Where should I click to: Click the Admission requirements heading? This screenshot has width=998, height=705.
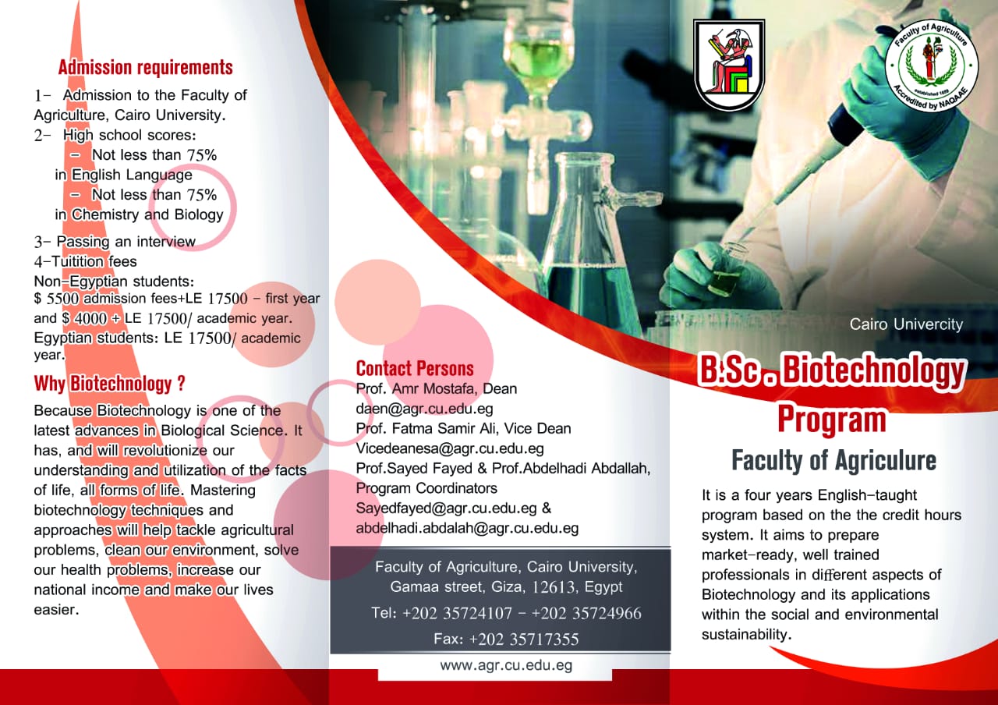point(146,68)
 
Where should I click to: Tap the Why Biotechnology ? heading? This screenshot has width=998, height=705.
point(110,384)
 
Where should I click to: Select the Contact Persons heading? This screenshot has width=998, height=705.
point(415,369)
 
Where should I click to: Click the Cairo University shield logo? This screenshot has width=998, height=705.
point(729,64)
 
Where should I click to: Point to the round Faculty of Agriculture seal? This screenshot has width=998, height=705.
point(931,65)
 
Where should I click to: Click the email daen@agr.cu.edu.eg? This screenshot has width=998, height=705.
point(425,409)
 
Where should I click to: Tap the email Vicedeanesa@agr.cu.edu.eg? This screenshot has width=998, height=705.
point(450,448)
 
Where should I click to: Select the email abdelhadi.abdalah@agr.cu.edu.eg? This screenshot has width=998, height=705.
point(467,528)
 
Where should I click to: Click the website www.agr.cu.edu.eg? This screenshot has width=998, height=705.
point(506,665)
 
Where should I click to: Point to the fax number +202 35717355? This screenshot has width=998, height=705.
point(524,639)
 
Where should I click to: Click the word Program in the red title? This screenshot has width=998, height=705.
point(832,419)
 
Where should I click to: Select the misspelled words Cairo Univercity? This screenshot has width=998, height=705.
point(906,324)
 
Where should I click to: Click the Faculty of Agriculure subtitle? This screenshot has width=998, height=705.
point(833,461)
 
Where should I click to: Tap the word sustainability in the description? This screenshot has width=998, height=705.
point(746,635)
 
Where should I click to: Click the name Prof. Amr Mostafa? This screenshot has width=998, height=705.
point(416,389)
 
